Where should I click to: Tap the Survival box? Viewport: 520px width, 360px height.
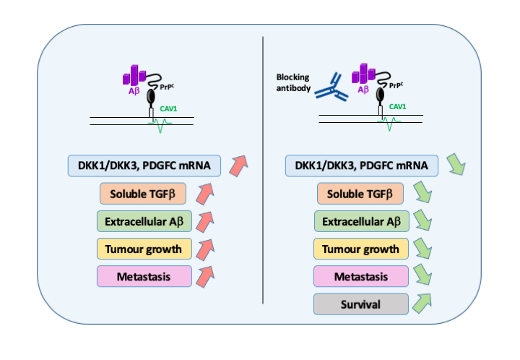coord(361,304)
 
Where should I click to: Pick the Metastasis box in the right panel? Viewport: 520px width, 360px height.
coord(361,276)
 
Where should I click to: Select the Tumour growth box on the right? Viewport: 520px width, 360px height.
coord(361,249)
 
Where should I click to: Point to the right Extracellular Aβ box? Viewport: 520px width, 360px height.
coord(361,221)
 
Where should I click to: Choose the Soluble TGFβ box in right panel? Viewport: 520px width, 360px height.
coord(361,194)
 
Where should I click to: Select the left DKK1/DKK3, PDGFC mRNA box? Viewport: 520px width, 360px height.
coord(144,166)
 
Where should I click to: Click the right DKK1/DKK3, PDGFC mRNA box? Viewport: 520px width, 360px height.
coord(361,166)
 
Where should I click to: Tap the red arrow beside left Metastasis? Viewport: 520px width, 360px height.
coord(207,274)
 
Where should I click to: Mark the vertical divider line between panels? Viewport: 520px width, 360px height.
coord(261,181)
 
